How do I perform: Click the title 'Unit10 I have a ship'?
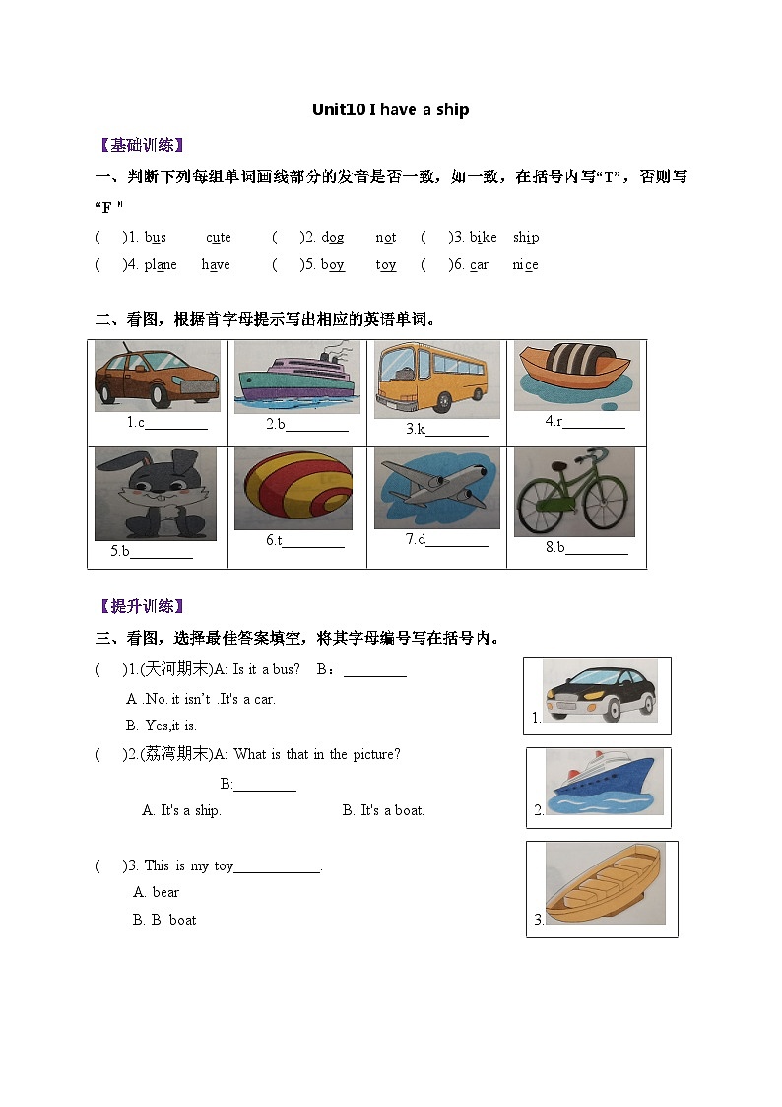[390, 109]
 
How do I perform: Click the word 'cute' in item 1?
[219, 237]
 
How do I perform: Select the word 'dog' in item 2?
[333, 237]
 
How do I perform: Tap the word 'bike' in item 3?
[483, 237]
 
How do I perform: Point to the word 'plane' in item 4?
[161, 264]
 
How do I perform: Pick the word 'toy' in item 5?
[386, 264]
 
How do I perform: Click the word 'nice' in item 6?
[525, 264]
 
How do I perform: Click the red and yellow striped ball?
[293, 488]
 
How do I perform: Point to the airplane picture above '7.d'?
[436, 487]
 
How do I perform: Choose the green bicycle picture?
[574, 492]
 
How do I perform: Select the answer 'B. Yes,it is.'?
[162, 726]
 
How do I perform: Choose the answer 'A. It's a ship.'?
[181, 810]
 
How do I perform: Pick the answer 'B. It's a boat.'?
[383, 810]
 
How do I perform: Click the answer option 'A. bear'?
[156, 892]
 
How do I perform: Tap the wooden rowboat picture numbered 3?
[605, 883]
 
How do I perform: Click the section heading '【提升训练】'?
[143, 606]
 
